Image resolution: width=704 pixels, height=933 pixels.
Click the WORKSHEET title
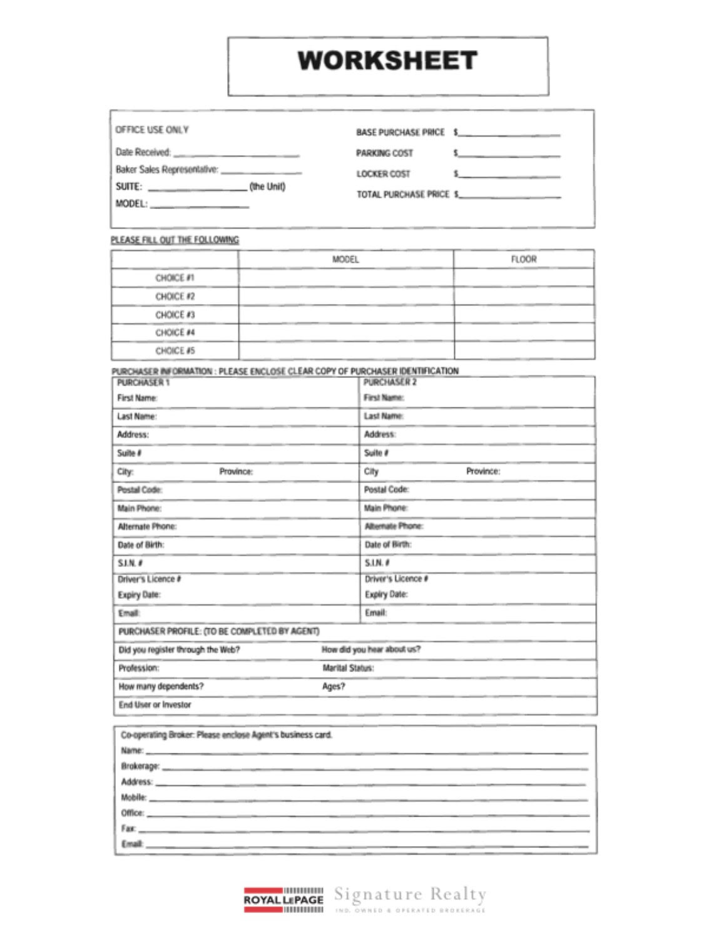(x=387, y=61)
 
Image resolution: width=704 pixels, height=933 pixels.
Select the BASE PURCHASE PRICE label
(x=400, y=133)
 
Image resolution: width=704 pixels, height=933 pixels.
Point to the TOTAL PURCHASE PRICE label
(x=402, y=195)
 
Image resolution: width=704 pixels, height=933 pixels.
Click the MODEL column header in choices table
(x=345, y=259)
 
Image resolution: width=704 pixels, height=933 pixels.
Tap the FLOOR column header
(x=523, y=259)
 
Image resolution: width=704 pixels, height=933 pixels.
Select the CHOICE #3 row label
(x=175, y=315)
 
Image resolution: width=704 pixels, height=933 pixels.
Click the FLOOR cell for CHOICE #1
(x=523, y=278)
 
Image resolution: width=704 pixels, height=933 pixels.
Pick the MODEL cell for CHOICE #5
(x=345, y=350)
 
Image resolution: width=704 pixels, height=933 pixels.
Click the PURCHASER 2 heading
(x=390, y=382)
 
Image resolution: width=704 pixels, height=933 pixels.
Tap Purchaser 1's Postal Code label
(x=140, y=490)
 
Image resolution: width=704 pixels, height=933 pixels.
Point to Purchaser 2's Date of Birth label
(x=388, y=544)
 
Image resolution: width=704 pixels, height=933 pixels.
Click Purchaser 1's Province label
(x=236, y=471)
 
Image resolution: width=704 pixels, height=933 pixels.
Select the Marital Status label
(x=348, y=668)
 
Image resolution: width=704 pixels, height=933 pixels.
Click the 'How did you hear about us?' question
(x=371, y=650)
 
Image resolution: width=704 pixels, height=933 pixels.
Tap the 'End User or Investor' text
(x=155, y=705)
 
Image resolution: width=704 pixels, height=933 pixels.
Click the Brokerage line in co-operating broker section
(x=374, y=767)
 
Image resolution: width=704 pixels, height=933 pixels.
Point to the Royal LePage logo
(x=283, y=900)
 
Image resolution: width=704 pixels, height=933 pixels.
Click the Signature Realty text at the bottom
(x=410, y=895)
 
